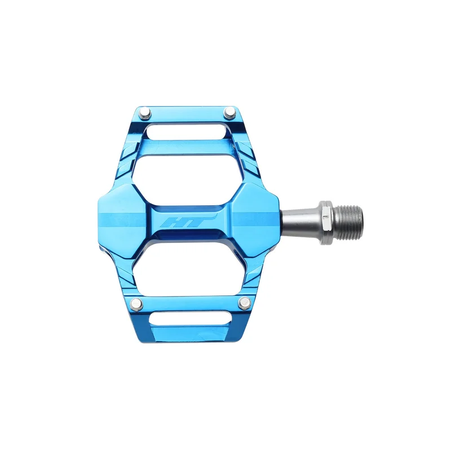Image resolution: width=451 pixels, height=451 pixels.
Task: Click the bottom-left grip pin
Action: point(136,303)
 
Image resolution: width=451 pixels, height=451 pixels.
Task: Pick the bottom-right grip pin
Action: point(245,303)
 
